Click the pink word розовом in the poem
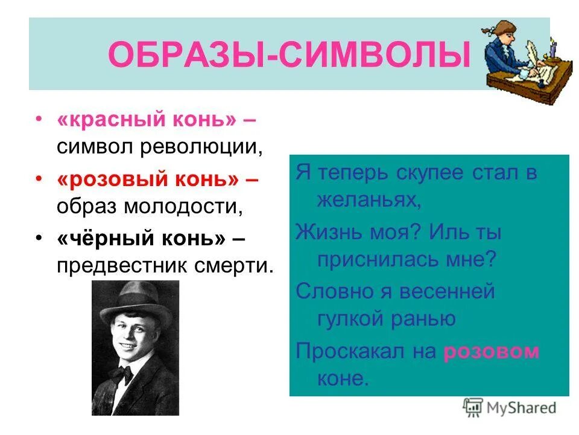[491, 352]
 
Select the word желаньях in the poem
[367, 200]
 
